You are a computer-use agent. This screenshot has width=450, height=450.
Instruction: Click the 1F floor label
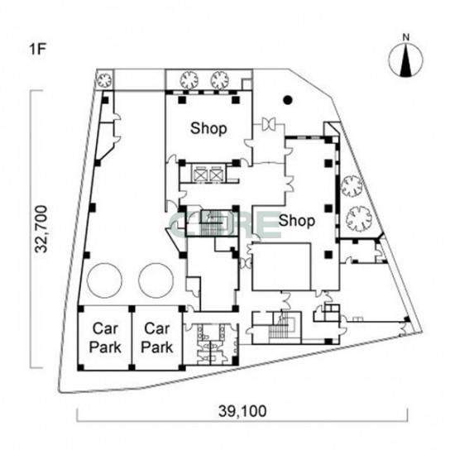click(x=37, y=49)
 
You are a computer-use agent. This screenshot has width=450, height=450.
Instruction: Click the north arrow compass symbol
click(x=406, y=60)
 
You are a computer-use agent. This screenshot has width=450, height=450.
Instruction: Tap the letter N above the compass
click(x=406, y=37)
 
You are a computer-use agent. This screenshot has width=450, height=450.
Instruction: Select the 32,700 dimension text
click(x=41, y=229)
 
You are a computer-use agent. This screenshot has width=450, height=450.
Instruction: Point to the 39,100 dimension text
click(x=242, y=411)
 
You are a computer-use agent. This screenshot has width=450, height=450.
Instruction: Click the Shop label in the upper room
click(x=208, y=128)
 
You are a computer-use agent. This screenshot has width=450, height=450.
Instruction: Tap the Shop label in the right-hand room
click(x=297, y=221)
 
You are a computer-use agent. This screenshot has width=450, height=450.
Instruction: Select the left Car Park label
click(x=105, y=337)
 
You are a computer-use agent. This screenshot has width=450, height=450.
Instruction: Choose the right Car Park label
click(x=156, y=337)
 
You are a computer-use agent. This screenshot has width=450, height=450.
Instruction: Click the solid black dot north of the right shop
click(x=288, y=100)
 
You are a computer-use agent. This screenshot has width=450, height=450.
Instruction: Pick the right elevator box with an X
click(x=215, y=175)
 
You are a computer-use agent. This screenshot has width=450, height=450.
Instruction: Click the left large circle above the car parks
click(x=104, y=280)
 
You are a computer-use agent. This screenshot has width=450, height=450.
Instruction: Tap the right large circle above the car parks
click(x=156, y=280)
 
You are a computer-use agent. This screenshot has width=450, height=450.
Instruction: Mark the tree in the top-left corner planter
click(x=104, y=79)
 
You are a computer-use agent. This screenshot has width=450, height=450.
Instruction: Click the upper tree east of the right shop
click(x=352, y=186)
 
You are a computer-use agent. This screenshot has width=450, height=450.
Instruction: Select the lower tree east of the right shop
click(x=359, y=218)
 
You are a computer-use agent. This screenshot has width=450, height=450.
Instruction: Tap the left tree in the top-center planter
click(x=189, y=79)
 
